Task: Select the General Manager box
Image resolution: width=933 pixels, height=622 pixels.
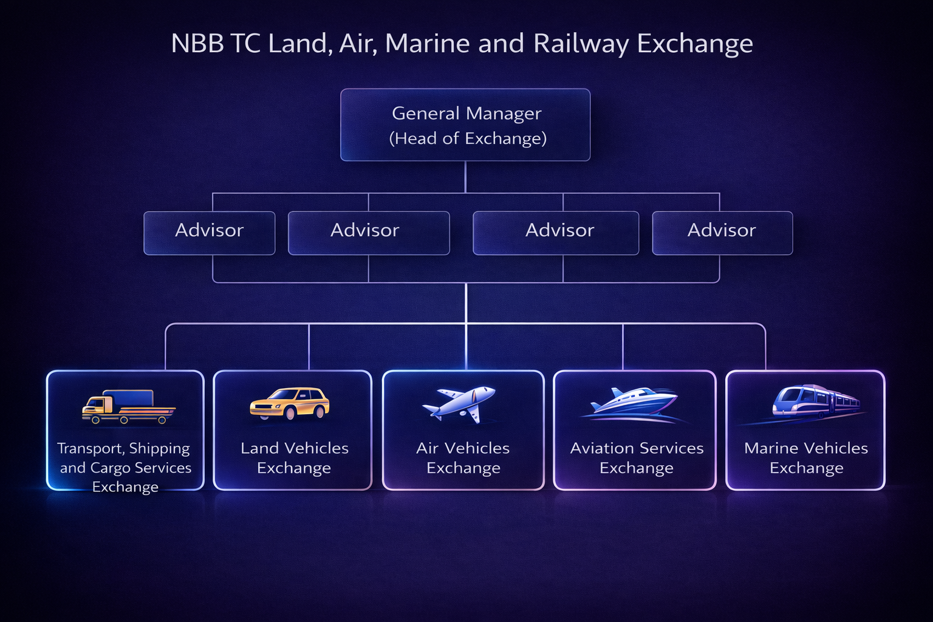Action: (x=465, y=125)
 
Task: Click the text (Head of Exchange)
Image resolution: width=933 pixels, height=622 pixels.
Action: (x=468, y=138)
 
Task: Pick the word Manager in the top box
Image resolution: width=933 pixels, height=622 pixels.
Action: (x=504, y=114)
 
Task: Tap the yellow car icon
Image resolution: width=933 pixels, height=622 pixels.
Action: (x=290, y=403)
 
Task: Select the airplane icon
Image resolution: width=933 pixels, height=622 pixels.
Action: (x=459, y=403)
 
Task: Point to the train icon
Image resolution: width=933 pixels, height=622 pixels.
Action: (x=815, y=400)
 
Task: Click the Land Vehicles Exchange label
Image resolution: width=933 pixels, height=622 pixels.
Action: (x=295, y=457)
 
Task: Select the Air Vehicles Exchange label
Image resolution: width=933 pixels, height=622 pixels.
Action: (x=463, y=457)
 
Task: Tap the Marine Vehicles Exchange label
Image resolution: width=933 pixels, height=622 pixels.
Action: (x=806, y=457)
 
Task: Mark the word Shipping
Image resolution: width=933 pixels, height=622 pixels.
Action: (x=159, y=449)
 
